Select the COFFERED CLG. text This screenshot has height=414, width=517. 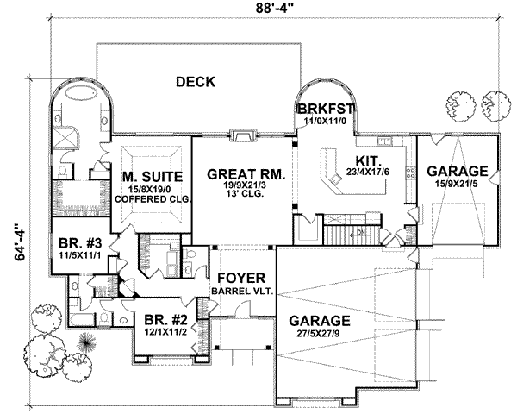coord(157,198)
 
